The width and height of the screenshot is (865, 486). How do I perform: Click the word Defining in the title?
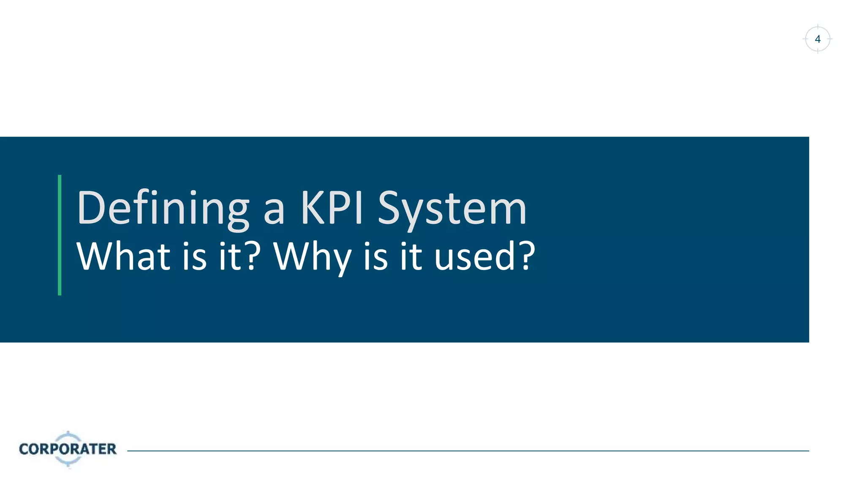(163, 208)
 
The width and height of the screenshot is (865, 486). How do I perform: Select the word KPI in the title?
(332, 208)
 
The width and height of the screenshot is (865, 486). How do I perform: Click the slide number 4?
(818, 39)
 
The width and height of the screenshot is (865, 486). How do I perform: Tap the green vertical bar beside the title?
(60, 235)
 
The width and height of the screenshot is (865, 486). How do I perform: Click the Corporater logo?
(68, 449)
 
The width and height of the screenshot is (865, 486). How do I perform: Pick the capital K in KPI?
(312, 208)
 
